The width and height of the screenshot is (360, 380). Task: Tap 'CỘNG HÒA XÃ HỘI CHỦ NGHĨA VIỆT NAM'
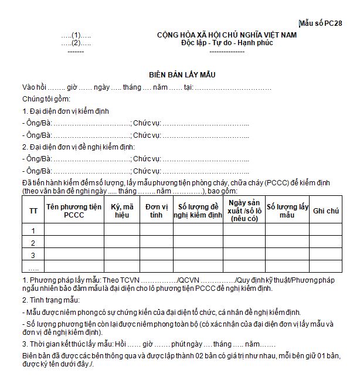(x=227, y=35)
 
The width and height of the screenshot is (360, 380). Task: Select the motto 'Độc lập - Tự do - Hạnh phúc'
(x=227, y=43)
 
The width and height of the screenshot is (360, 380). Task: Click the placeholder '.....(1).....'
(x=76, y=35)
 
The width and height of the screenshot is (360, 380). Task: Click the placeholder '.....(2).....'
(x=76, y=43)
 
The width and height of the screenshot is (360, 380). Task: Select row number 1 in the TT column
(x=33, y=230)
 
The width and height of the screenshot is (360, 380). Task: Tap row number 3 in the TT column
(x=33, y=255)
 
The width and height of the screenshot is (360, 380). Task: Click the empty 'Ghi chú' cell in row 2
(x=326, y=243)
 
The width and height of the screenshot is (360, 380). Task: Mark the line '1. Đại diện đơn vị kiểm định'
(x=65, y=111)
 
